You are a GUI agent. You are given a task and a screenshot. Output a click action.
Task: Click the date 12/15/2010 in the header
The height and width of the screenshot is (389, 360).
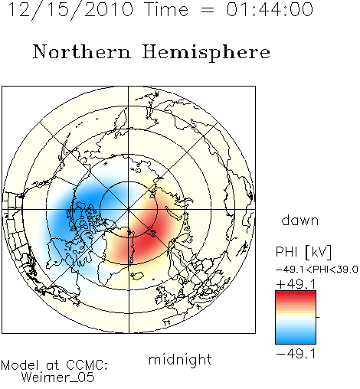point(70,10)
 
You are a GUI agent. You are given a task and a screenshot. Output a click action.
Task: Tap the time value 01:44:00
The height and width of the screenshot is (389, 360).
point(270,10)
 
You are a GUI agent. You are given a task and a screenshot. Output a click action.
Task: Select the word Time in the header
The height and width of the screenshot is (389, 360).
point(166,10)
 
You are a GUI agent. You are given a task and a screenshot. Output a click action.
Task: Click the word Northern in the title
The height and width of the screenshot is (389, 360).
point(81,51)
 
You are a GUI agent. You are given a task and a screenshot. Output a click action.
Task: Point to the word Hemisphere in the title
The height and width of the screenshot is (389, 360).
point(206,52)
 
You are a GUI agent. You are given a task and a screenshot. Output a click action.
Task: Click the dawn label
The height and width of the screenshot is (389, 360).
point(300,220)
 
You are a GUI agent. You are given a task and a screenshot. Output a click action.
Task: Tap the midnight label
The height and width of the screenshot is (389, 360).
point(180,359)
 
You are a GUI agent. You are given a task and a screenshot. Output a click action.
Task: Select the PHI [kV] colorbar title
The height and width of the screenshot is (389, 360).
point(303,252)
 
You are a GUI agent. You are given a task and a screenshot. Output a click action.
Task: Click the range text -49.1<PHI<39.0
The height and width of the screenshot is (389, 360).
point(317,270)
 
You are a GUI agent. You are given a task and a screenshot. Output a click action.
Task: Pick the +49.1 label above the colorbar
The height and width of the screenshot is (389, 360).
point(296,284)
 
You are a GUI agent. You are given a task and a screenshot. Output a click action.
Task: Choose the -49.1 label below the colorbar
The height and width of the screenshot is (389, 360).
point(296,354)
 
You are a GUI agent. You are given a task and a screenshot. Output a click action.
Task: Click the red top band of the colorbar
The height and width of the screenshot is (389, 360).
point(296,294)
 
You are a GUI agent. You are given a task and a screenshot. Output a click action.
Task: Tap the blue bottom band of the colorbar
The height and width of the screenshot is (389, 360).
point(296,341)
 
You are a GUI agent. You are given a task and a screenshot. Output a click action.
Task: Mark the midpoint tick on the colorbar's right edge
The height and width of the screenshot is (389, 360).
point(318,317)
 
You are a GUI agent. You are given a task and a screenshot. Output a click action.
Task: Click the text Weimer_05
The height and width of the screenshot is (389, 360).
point(57,378)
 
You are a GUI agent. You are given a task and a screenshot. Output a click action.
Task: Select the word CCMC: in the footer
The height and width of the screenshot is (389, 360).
point(87,365)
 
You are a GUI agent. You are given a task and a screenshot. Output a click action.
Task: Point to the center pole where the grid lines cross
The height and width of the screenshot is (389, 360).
point(129,209)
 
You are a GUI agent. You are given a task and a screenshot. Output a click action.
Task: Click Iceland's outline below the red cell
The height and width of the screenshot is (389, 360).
point(137,276)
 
